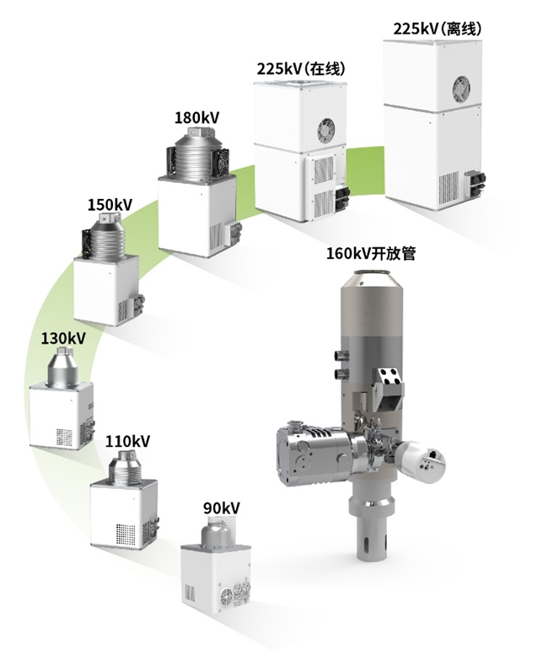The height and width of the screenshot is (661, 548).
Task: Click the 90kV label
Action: coord(222,508)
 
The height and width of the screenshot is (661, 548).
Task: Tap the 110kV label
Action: coord(127,442)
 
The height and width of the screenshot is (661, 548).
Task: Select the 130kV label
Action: coord(63,338)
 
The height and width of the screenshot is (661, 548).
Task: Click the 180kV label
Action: coord(197,118)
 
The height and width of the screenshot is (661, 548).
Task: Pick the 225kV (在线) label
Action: coord(301,68)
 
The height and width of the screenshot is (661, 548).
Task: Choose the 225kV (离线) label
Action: coord(438,29)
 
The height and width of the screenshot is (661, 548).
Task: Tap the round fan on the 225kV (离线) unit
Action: coord(461,88)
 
